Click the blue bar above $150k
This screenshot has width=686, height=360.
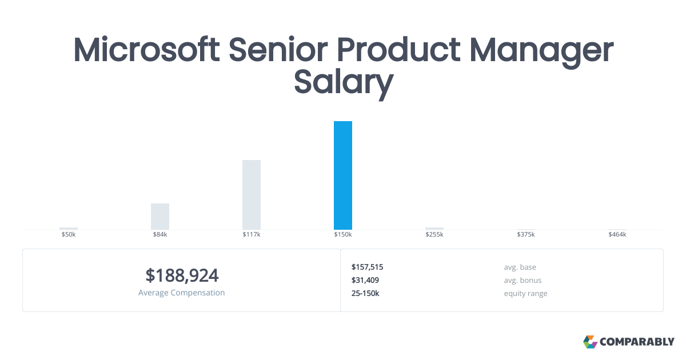tap(343, 175)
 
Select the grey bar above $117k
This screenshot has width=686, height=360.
tap(252, 195)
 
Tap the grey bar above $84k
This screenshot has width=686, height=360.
tap(160, 217)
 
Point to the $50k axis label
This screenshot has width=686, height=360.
tap(69, 234)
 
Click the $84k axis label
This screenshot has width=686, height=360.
tap(160, 234)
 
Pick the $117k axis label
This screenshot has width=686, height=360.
tap(252, 234)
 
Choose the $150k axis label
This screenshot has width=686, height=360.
tap(343, 234)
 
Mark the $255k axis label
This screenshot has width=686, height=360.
tap(434, 234)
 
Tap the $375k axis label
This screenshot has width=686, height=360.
tap(526, 234)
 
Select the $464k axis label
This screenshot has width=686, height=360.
tap(617, 234)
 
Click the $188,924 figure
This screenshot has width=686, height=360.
tap(182, 275)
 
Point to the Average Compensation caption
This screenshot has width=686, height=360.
tap(182, 293)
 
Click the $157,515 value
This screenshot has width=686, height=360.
tap(367, 267)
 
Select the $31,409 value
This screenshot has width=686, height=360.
tap(365, 280)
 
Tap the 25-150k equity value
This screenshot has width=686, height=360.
tap(365, 293)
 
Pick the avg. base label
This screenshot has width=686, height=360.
tap(520, 267)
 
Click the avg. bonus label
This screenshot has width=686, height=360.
tap(523, 281)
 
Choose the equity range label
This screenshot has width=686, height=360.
tap(525, 294)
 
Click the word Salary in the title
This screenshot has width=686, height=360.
tap(344, 83)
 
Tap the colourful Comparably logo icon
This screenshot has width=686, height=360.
tap(591, 342)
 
